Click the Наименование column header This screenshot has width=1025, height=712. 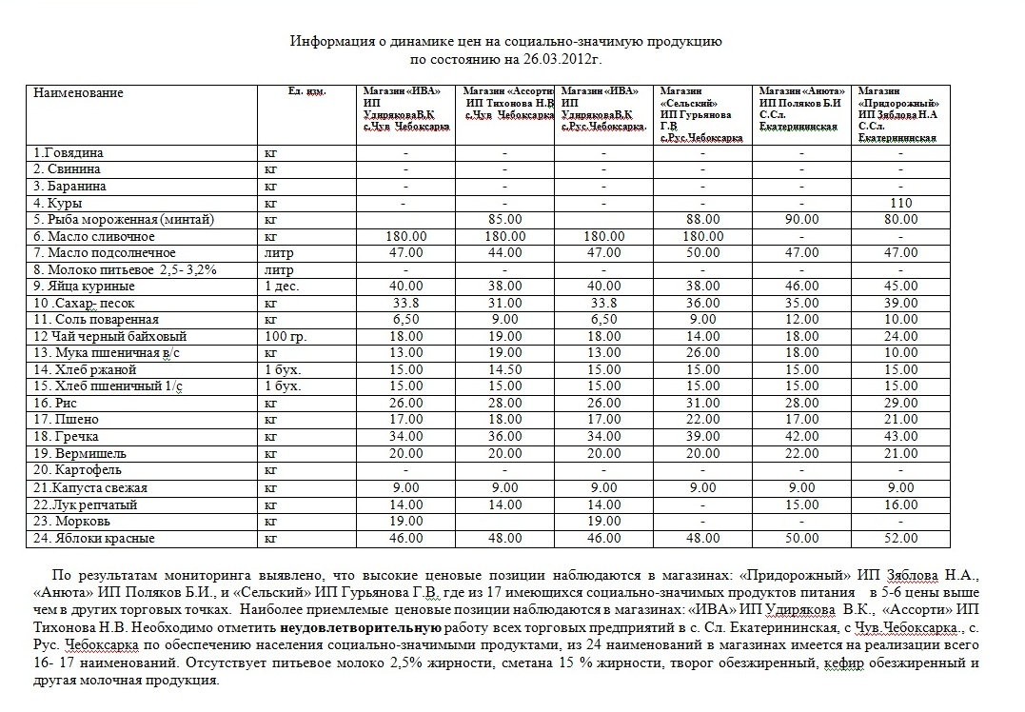[x=79, y=93]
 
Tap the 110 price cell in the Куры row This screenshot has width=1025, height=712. [x=899, y=203]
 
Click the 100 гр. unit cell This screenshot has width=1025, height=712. [x=286, y=336]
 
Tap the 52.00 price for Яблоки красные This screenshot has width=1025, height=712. [x=899, y=539]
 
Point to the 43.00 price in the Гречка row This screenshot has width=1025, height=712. [x=899, y=437]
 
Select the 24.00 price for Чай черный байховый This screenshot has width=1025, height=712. [x=899, y=336]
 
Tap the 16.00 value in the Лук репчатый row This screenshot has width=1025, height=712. [x=899, y=504]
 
